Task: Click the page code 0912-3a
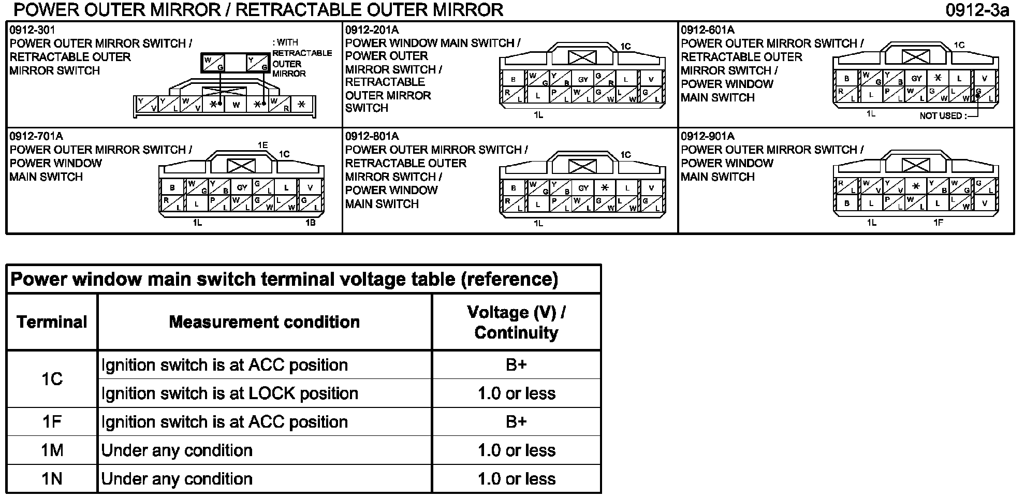[x=977, y=10]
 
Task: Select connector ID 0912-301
[x=32, y=30]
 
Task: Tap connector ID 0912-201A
[x=372, y=30]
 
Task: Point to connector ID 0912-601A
[x=707, y=30]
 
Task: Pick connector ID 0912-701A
[x=36, y=136]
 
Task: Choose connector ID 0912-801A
[x=372, y=136]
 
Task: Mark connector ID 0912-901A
[x=707, y=136]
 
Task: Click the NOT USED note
[x=943, y=116]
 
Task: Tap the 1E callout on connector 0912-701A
[x=263, y=145]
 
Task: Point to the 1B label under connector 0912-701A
[x=310, y=223]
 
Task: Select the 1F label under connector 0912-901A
[x=938, y=223]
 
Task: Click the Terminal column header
[x=52, y=322]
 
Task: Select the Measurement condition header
[x=264, y=322]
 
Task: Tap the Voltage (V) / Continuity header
[x=516, y=322]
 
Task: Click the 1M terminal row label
[x=52, y=450]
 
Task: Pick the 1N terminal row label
[x=52, y=479]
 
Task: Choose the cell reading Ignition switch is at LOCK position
[x=230, y=393]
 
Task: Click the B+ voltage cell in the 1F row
[x=516, y=422]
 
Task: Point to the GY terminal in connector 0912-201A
[x=583, y=80]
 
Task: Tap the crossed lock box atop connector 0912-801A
[x=582, y=166]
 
